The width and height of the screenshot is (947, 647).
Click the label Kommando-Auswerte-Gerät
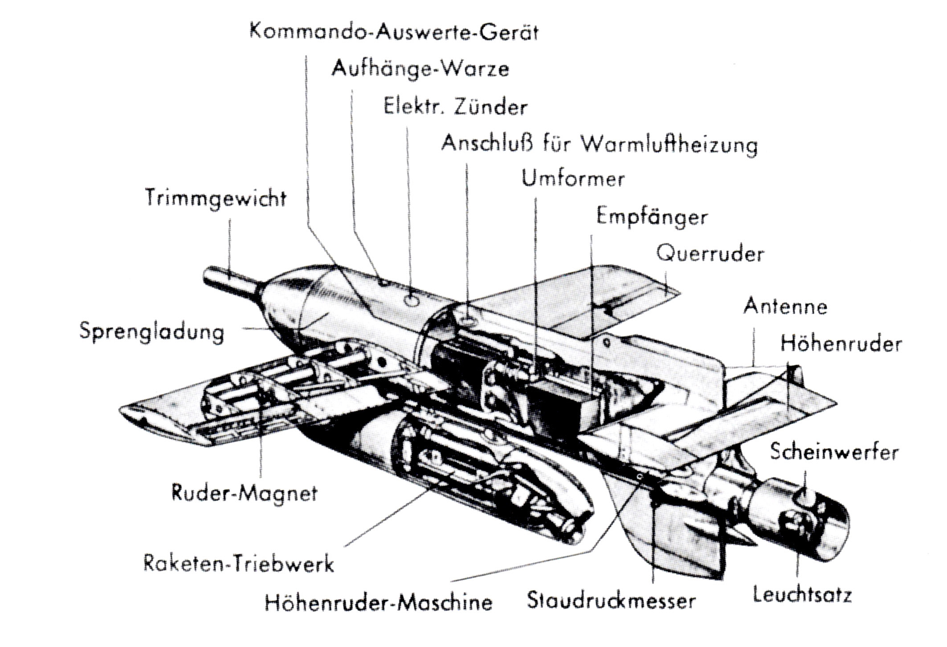pyautogui.click(x=394, y=33)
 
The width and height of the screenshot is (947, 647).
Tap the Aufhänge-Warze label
pyautogui.click(x=420, y=69)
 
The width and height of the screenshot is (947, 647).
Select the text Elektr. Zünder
pyautogui.click(x=455, y=107)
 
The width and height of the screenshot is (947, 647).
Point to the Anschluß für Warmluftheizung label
pyautogui.click(x=599, y=144)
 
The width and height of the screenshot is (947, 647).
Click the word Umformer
pyautogui.click(x=573, y=179)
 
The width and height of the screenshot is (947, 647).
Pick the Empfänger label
pyautogui.click(x=652, y=217)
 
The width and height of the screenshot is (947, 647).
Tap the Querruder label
pyautogui.click(x=710, y=254)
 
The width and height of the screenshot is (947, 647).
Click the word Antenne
pyautogui.click(x=785, y=307)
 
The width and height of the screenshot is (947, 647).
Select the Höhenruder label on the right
pyautogui.click(x=841, y=344)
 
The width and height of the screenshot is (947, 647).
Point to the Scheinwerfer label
pyautogui.click(x=834, y=452)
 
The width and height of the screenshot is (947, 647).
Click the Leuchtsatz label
pyautogui.click(x=802, y=595)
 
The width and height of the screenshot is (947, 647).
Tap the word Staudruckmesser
pyautogui.click(x=611, y=600)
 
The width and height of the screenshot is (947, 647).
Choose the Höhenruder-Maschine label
pyautogui.click(x=379, y=603)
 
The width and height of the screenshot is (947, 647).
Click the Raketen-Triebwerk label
pyautogui.click(x=238, y=564)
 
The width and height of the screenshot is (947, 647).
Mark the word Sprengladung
pyautogui.click(x=152, y=332)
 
